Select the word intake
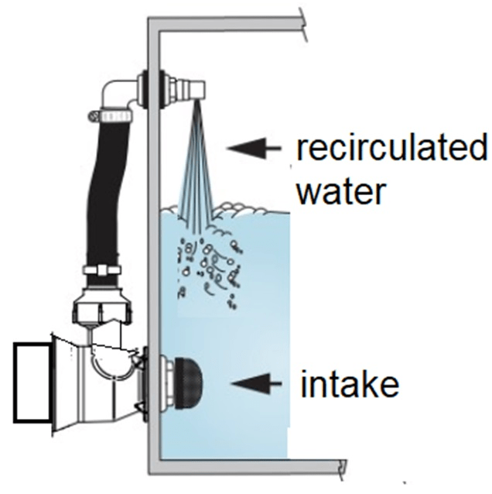pos(350,383)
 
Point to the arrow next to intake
pos(256,383)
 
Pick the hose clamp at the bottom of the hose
pos(102,270)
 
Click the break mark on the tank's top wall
pos(303,26)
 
